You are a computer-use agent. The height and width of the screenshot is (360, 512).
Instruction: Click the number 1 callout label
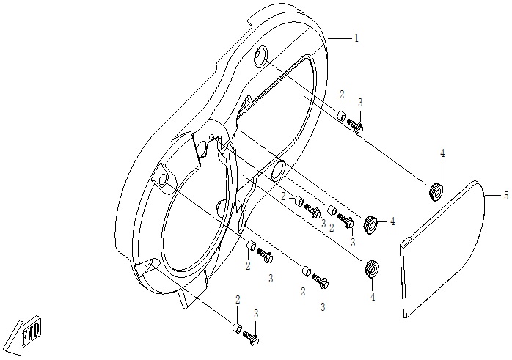tap(356, 38)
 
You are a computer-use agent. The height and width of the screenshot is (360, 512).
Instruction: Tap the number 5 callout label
tap(506, 196)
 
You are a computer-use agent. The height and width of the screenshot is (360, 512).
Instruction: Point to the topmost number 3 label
tap(360, 102)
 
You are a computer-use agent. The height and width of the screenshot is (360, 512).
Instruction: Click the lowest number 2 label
tap(238, 300)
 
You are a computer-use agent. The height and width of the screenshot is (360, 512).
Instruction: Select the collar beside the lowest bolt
tap(238, 327)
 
